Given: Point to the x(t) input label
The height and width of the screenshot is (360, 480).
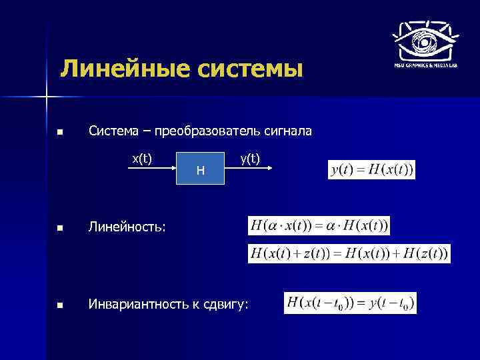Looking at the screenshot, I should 141,158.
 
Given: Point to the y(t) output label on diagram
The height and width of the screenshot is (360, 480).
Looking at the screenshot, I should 250,158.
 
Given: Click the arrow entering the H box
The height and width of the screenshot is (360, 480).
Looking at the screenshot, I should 150,169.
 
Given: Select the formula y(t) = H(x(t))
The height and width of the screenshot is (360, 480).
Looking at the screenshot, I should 372,170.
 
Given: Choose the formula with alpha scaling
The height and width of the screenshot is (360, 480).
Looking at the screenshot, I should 319,225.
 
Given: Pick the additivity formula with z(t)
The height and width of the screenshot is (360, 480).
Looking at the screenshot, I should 349,253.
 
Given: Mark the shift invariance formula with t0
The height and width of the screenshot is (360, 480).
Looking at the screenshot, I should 350,303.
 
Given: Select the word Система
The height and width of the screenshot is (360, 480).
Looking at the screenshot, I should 113,131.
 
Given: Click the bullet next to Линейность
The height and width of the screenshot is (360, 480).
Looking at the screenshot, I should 61,229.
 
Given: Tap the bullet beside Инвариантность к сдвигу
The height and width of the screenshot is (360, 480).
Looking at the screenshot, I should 61,305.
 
